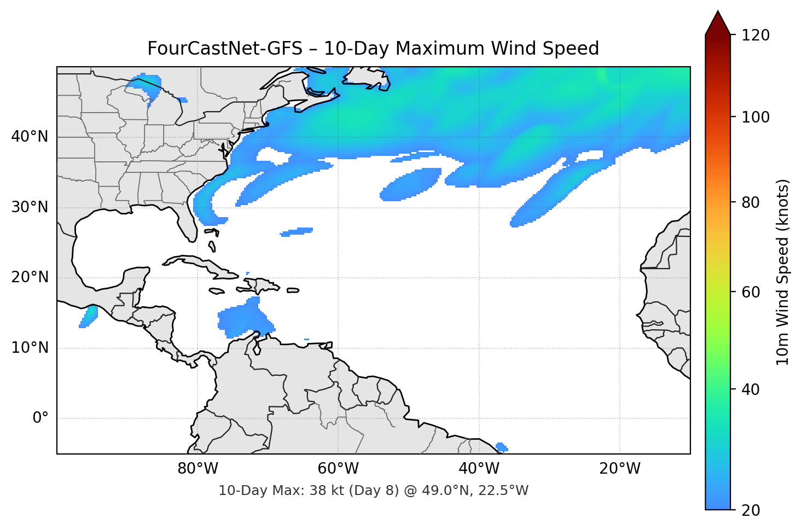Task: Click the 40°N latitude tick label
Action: (30, 137)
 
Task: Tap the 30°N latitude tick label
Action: (30, 207)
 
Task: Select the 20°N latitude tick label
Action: (30, 277)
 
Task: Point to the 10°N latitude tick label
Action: (30, 348)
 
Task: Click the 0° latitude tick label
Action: (40, 418)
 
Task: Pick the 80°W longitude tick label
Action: (197, 469)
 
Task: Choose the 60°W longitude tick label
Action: (338, 469)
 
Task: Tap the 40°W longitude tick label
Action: (479, 469)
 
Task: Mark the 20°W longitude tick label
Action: (619, 469)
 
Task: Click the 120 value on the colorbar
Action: (755, 36)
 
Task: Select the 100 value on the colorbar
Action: (755, 117)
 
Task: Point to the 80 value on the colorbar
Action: (751, 202)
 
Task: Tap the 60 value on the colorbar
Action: (751, 292)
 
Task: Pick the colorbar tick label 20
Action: (751, 510)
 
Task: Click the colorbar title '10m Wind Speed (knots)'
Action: (783, 272)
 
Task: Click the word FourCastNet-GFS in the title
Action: (225, 49)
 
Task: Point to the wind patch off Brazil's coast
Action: (501, 447)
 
